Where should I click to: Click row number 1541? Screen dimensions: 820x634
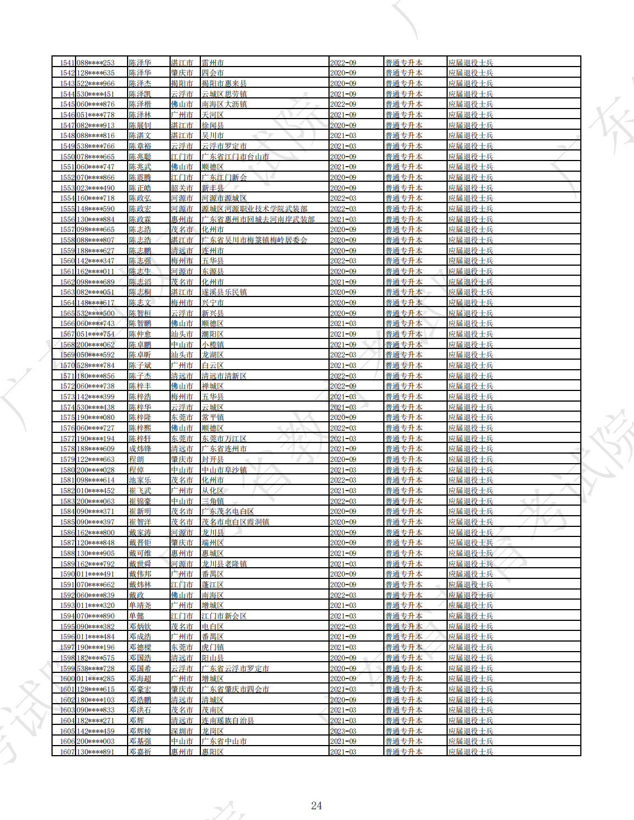pos(67,63)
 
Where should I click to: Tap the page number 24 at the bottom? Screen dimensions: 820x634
pos(316,805)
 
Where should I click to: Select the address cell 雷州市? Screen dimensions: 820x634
pos(213,63)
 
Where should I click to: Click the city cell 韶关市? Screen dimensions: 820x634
pos(182,188)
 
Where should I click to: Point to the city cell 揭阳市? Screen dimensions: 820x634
pos(182,83)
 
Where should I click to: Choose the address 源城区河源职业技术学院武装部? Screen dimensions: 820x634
pos(255,209)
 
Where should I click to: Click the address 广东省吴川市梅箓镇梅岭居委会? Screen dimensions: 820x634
pos(255,240)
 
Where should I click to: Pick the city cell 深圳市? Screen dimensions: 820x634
pos(182,731)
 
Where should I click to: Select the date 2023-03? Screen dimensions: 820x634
pos(343,731)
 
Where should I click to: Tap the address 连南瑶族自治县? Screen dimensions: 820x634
pos(228,720)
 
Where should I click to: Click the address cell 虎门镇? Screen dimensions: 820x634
pos(213,647)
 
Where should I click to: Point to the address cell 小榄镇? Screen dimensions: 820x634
pos(213,345)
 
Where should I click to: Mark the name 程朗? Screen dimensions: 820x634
pos(137,459)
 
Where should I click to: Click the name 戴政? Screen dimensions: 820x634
pos(137,595)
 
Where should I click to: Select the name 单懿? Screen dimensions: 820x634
pos(137,616)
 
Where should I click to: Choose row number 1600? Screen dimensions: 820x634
pos(67,678)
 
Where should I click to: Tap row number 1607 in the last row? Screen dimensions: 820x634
pos(67,752)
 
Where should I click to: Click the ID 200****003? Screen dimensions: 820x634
pos(96,741)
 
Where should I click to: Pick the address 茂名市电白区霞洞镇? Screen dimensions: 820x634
pos(236,522)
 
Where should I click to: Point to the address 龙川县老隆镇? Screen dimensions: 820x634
pos(224,564)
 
